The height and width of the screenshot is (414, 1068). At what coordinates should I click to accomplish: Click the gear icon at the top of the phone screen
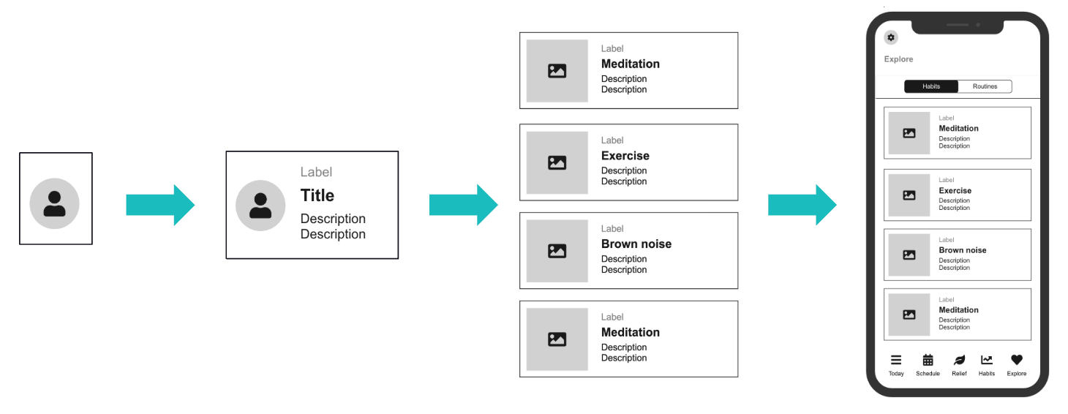coord(890,38)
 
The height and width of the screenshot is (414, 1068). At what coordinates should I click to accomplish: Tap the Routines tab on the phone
coord(985,86)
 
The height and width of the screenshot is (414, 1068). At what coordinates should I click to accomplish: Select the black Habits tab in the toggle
coord(931,86)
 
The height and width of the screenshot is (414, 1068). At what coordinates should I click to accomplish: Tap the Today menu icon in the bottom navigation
coord(896,360)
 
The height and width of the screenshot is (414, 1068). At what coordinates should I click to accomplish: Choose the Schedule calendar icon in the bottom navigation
coord(928,360)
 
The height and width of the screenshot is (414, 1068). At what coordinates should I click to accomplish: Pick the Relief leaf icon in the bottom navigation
coord(959,360)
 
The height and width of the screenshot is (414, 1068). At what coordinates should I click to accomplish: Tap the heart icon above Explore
coord(1016,360)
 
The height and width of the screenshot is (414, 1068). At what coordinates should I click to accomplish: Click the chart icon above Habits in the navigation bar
coord(987,360)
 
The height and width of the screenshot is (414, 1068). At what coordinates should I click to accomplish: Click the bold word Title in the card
coord(317,195)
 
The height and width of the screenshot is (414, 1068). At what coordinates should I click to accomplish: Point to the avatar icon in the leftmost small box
coord(54,203)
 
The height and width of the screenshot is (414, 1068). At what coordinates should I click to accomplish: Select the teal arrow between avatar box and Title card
coord(160,205)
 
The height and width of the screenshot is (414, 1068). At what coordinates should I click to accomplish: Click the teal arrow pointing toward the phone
coord(802,205)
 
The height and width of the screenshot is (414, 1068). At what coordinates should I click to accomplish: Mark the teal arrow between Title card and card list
coord(463,205)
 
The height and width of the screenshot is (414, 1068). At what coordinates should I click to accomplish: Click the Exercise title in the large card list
coord(625,156)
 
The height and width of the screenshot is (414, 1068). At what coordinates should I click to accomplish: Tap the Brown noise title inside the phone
coord(962,250)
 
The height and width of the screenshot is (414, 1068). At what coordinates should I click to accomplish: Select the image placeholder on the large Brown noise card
coord(557,251)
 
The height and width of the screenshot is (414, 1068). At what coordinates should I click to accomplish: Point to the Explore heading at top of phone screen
coord(898,59)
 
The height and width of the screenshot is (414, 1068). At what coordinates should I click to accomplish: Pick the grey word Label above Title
coord(316,172)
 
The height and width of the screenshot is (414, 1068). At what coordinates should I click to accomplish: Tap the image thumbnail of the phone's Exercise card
coord(909,195)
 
